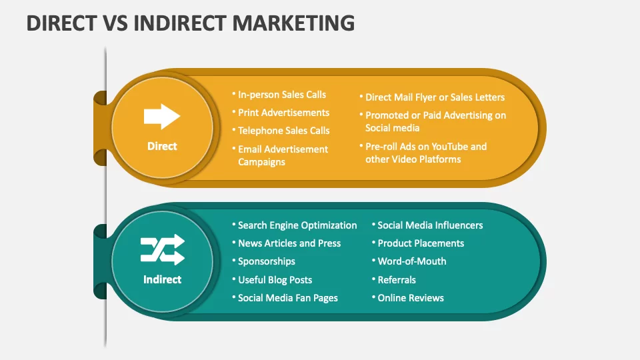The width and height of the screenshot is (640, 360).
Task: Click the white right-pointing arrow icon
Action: click(162, 116)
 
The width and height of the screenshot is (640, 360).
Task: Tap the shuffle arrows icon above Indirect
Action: click(163, 249)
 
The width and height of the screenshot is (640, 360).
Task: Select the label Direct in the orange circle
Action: click(162, 146)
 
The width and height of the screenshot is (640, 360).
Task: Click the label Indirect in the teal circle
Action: click(162, 279)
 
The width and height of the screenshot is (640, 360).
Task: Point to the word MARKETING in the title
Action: click(293, 23)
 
